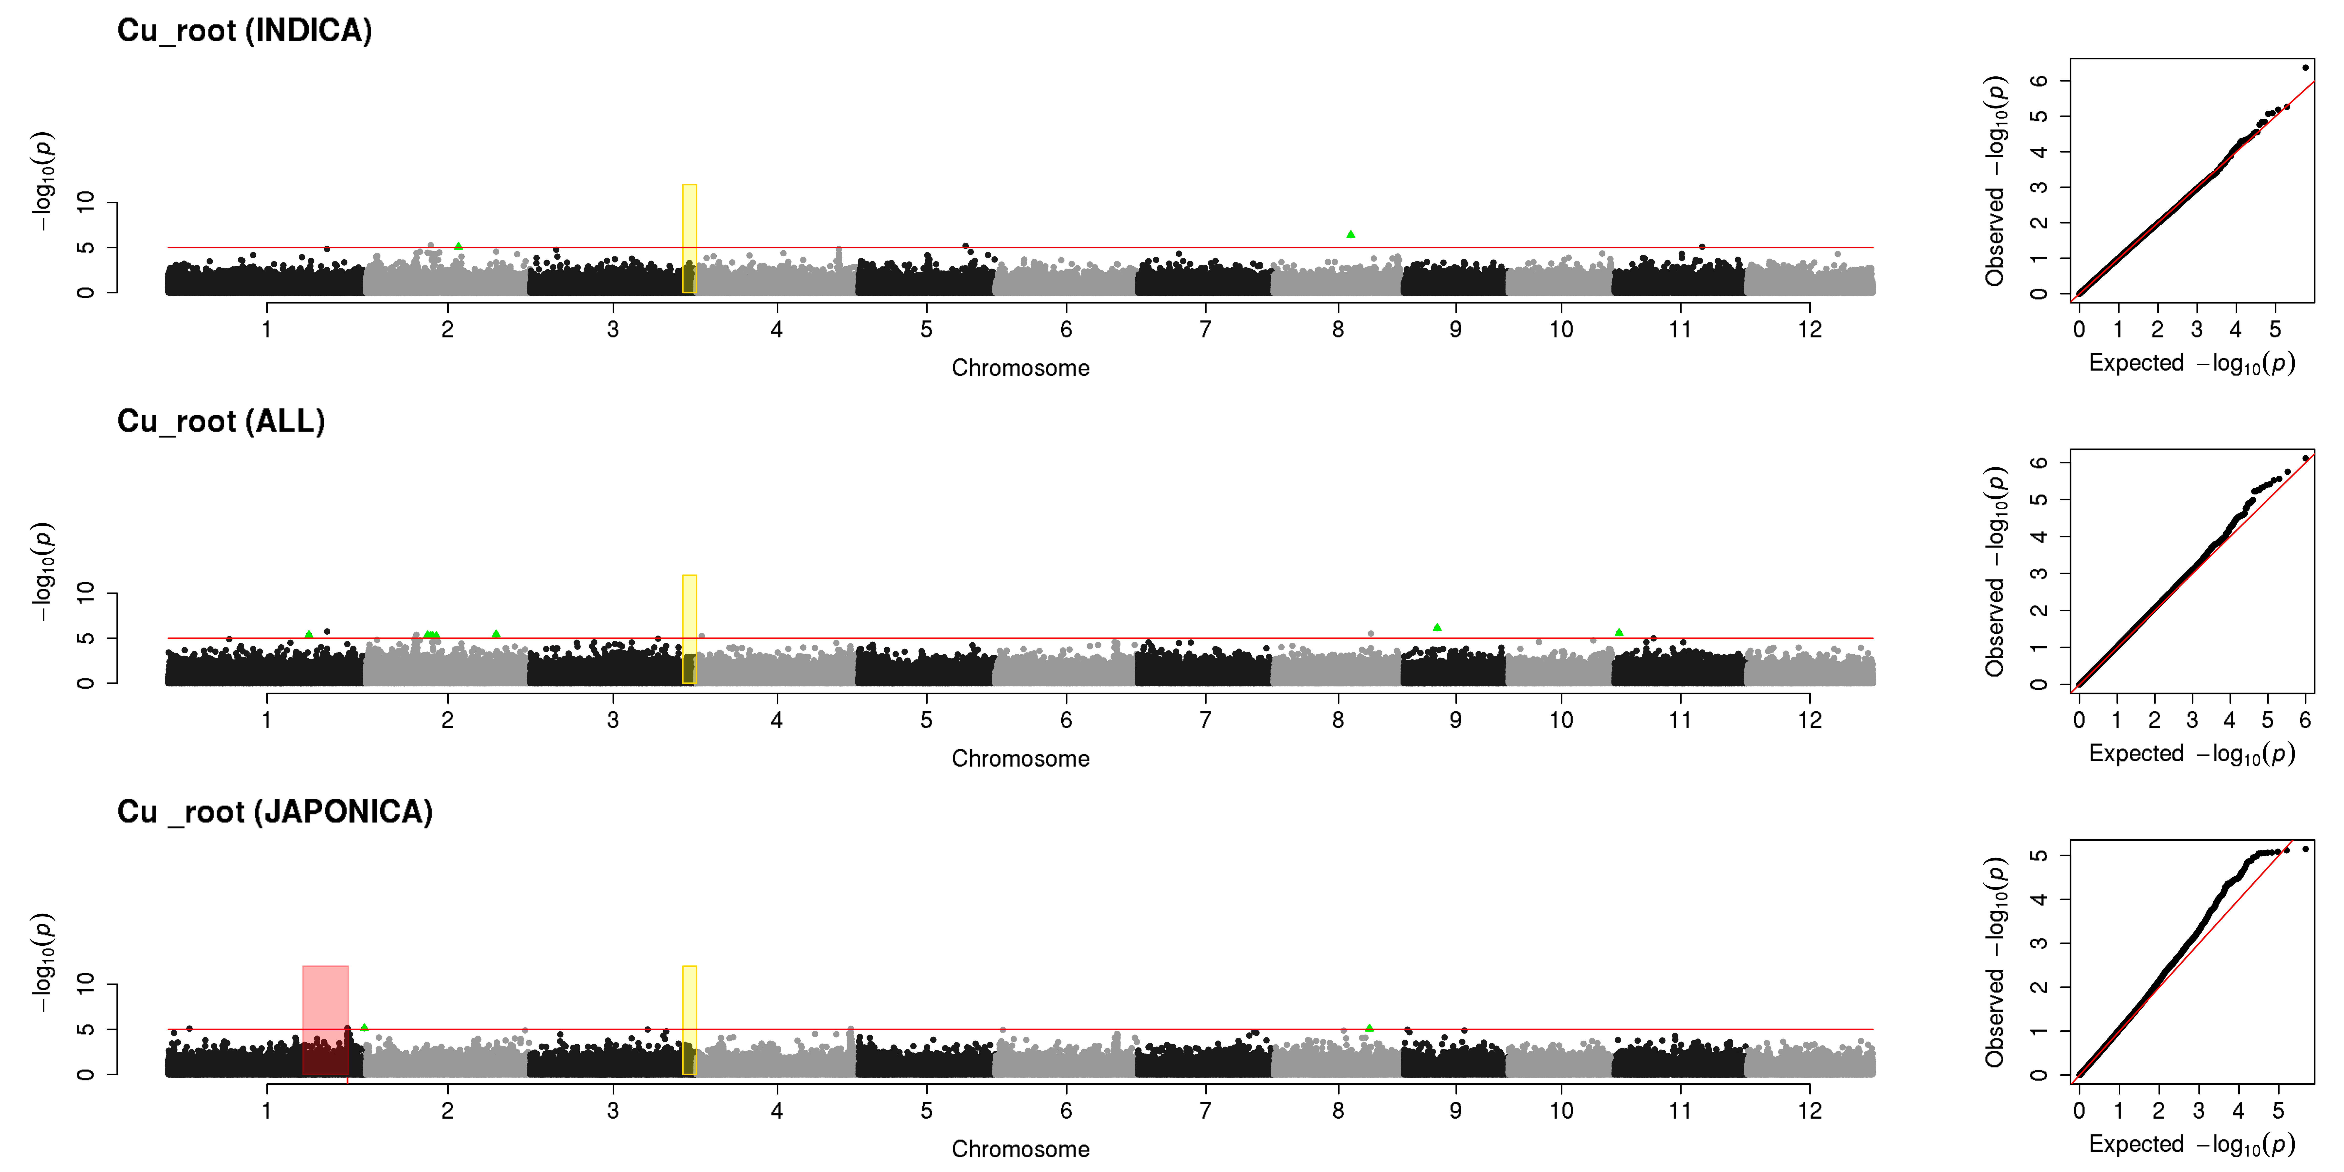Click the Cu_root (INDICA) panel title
point(245,31)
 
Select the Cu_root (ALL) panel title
point(221,421)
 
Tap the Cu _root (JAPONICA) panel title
point(275,812)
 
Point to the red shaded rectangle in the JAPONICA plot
point(325,1020)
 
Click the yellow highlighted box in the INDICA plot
point(690,238)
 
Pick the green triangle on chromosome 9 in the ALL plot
point(1437,627)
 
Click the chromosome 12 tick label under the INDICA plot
point(1810,329)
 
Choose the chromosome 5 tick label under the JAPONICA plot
point(926,1110)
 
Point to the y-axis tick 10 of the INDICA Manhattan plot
point(85,202)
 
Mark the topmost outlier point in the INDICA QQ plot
point(2305,67)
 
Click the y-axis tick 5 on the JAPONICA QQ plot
point(2039,855)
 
